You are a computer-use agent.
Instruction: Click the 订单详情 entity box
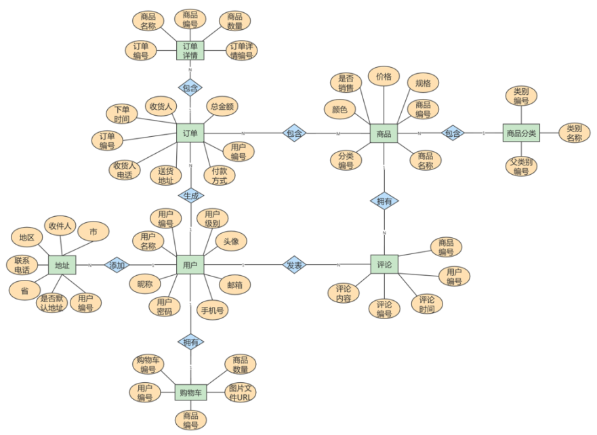click(x=190, y=51)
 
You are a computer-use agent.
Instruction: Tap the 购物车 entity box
click(x=190, y=392)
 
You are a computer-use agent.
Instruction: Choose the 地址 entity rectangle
click(x=62, y=265)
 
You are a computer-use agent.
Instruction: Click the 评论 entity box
click(x=384, y=264)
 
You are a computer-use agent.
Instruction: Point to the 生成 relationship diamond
click(x=190, y=195)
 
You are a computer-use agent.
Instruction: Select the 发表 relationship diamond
click(x=295, y=265)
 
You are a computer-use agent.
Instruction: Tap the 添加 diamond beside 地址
click(x=118, y=265)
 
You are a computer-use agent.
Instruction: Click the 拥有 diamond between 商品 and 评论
click(x=384, y=201)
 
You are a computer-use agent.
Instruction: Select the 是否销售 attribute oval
click(x=346, y=83)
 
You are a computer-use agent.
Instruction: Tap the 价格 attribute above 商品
click(x=384, y=77)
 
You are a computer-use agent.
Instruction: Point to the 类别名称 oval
click(x=574, y=133)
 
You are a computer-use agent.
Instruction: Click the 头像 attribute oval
click(x=231, y=241)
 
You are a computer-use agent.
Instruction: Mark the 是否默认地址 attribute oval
click(x=52, y=303)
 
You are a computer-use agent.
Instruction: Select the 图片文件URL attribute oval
click(x=241, y=392)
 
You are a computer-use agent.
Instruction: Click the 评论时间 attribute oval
click(x=427, y=304)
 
